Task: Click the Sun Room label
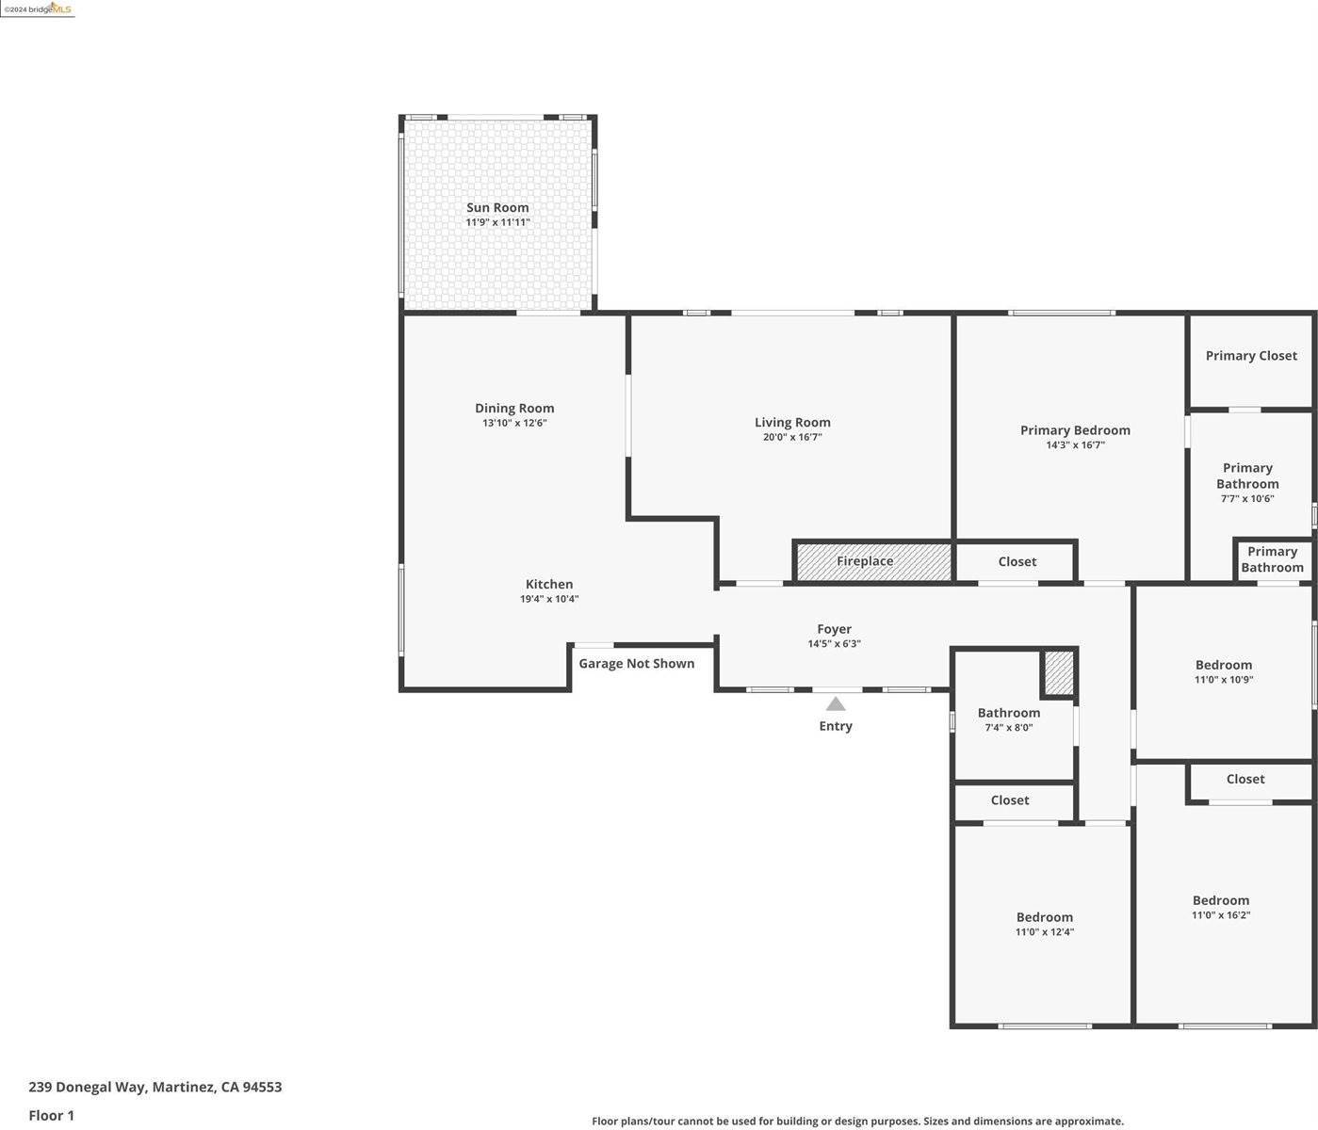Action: coord(497,207)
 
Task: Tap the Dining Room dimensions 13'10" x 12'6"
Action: coord(514,424)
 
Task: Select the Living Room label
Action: coord(792,422)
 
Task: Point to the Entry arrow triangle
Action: coord(836,703)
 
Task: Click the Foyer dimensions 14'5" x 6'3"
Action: coord(834,644)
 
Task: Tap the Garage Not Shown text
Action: coord(636,664)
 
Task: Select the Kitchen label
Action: coord(549,584)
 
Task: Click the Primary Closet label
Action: coord(1251,355)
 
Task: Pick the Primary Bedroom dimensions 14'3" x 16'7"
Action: coord(1075,445)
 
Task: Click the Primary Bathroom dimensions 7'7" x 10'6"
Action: coord(1247,499)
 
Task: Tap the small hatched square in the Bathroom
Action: coord(1059,673)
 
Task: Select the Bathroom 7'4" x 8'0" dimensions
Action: coord(1009,728)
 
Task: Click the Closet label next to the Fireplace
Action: coord(1017,561)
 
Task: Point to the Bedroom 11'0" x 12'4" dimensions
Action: coord(1044,932)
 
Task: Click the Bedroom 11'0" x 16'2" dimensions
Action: coord(1221,915)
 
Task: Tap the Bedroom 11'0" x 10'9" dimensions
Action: coord(1224,680)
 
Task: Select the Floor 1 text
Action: coord(51,1116)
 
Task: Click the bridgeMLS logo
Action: coord(38,8)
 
